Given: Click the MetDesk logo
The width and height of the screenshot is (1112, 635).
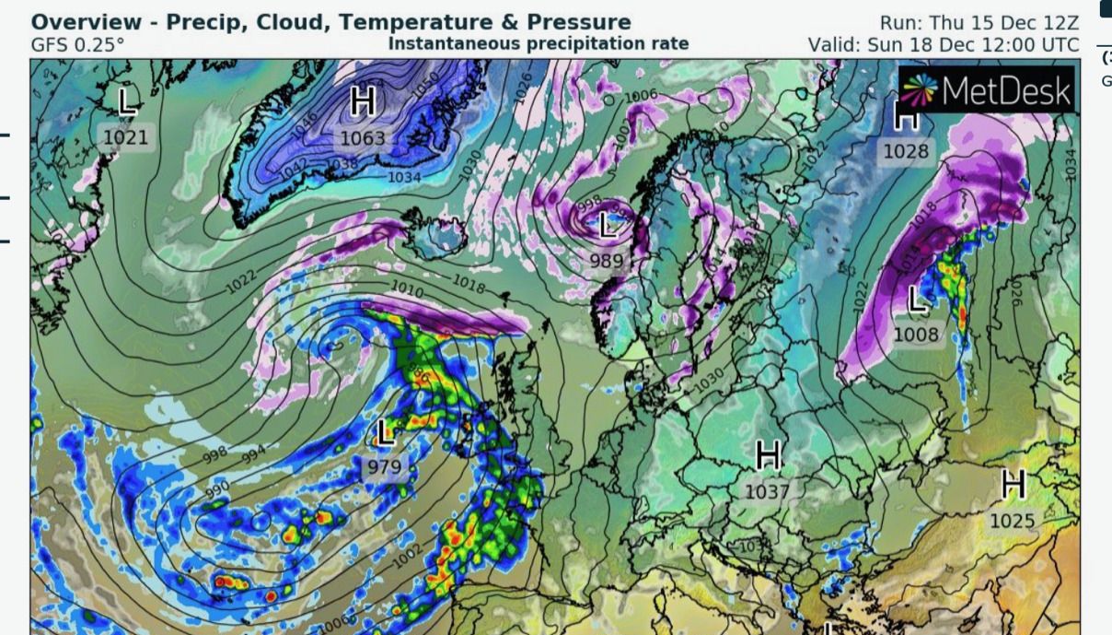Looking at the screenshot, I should click(986, 89).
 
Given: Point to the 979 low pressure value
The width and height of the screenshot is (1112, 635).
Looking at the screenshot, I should click(385, 467).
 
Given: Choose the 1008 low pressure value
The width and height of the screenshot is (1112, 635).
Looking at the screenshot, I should click(916, 335).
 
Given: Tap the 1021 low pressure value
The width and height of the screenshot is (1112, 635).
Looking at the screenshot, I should click(130, 137).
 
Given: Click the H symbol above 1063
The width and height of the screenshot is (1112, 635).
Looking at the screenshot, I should click(363, 102).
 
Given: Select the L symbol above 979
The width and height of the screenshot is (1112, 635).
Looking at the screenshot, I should click(385, 431).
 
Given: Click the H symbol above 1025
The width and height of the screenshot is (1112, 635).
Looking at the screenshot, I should click(1014, 482).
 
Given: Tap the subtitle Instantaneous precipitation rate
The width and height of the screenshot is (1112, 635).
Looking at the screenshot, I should click(539, 43).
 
